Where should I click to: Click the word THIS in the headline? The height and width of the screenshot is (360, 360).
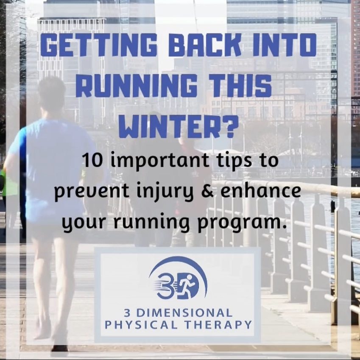pyautogui.click(x=239, y=86)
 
